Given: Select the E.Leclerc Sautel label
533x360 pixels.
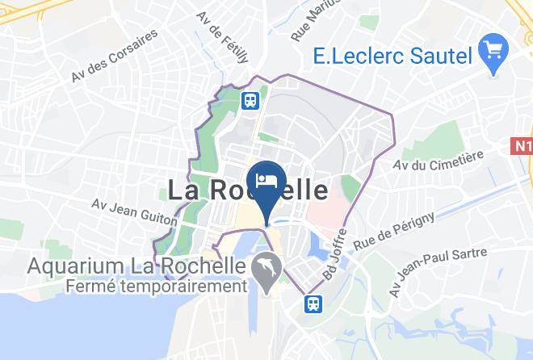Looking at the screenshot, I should (x=392, y=57).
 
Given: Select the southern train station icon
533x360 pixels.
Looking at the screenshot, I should (x=312, y=303).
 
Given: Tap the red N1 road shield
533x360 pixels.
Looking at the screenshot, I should (x=522, y=146).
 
